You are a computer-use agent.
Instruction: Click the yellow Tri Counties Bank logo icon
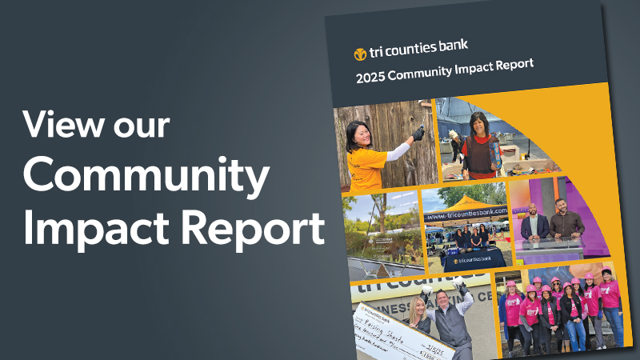pos(361,54)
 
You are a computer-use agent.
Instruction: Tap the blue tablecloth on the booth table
pos(465,258)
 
